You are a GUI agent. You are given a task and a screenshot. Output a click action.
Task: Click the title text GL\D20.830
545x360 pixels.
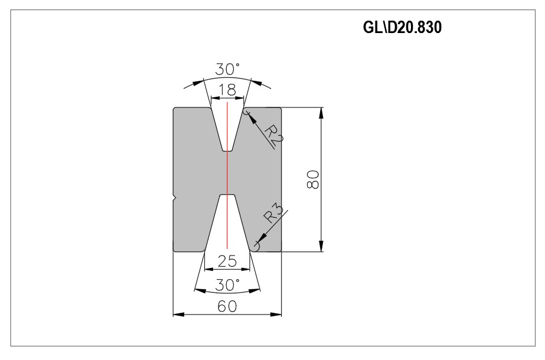pyautogui.click(x=402, y=27)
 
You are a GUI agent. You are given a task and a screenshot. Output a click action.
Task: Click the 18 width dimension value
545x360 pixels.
pyautogui.click(x=227, y=90)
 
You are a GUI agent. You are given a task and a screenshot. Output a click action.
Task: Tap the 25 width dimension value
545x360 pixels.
pyautogui.click(x=227, y=261)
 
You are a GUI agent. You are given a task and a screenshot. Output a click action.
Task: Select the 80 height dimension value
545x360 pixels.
pyautogui.click(x=313, y=179)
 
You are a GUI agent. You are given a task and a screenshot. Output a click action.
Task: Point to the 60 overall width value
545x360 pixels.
pyautogui.click(x=227, y=306)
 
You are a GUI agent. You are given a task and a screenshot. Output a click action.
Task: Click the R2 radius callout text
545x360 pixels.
pyautogui.click(x=274, y=135)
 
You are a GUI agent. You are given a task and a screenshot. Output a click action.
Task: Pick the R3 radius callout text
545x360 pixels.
pyautogui.click(x=273, y=213)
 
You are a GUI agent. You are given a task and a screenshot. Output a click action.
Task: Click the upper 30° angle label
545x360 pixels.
pyautogui.click(x=227, y=69)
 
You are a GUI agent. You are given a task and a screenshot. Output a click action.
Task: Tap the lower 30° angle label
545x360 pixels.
pyautogui.click(x=227, y=285)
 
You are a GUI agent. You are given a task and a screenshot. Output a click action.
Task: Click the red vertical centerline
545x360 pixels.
pyautogui.click(x=227, y=175)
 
